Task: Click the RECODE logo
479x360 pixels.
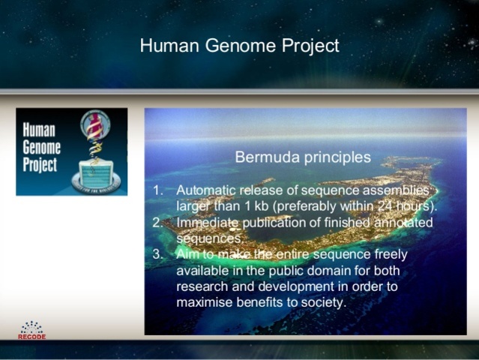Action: point(31,331)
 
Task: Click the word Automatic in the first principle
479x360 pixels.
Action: point(205,190)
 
